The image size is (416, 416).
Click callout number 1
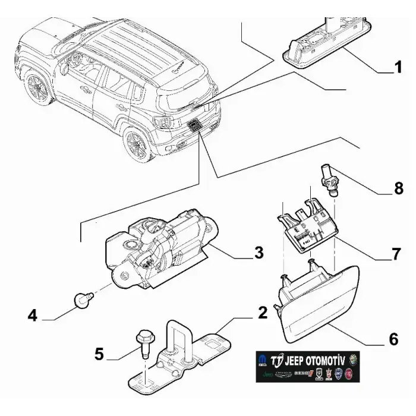tap(399, 68)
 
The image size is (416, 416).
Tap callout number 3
tap(258, 252)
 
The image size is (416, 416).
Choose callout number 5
tap(99, 355)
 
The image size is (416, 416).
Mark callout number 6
tap(393, 339)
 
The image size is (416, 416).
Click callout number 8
tap(398, 188)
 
